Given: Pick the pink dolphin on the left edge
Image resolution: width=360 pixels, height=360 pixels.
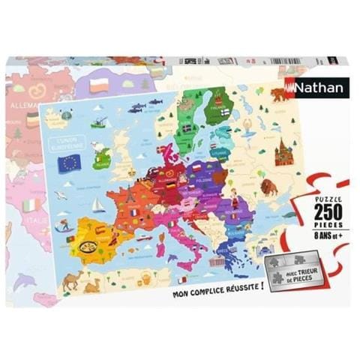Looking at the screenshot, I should click(x=25, y=282).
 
